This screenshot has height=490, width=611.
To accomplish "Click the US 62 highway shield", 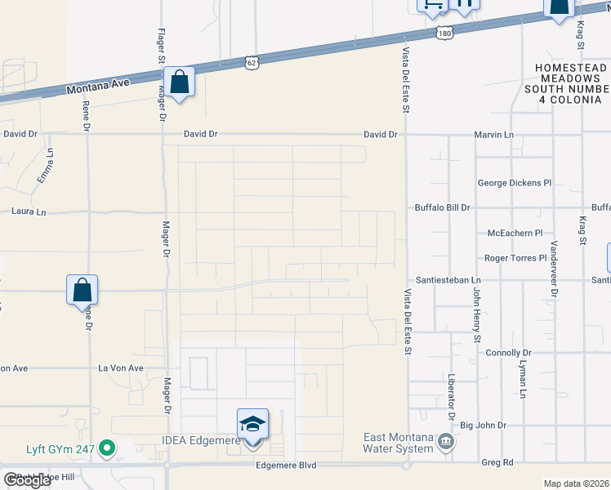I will click(252, 61).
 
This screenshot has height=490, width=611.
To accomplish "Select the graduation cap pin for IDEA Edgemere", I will click(252, 425).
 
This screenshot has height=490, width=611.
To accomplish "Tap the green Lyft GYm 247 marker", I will click(106, 448).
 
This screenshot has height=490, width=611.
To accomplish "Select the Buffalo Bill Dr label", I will click(443, 207).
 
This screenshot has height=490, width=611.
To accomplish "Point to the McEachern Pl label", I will click(515, 233).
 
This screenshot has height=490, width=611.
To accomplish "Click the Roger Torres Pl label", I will click(515, 258).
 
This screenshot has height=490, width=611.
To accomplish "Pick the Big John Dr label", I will click(484, 425).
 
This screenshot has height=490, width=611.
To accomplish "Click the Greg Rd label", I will click(497, 462).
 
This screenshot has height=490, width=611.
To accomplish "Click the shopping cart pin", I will click(432, 6).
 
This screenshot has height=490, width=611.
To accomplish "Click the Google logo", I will click(28, 480).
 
